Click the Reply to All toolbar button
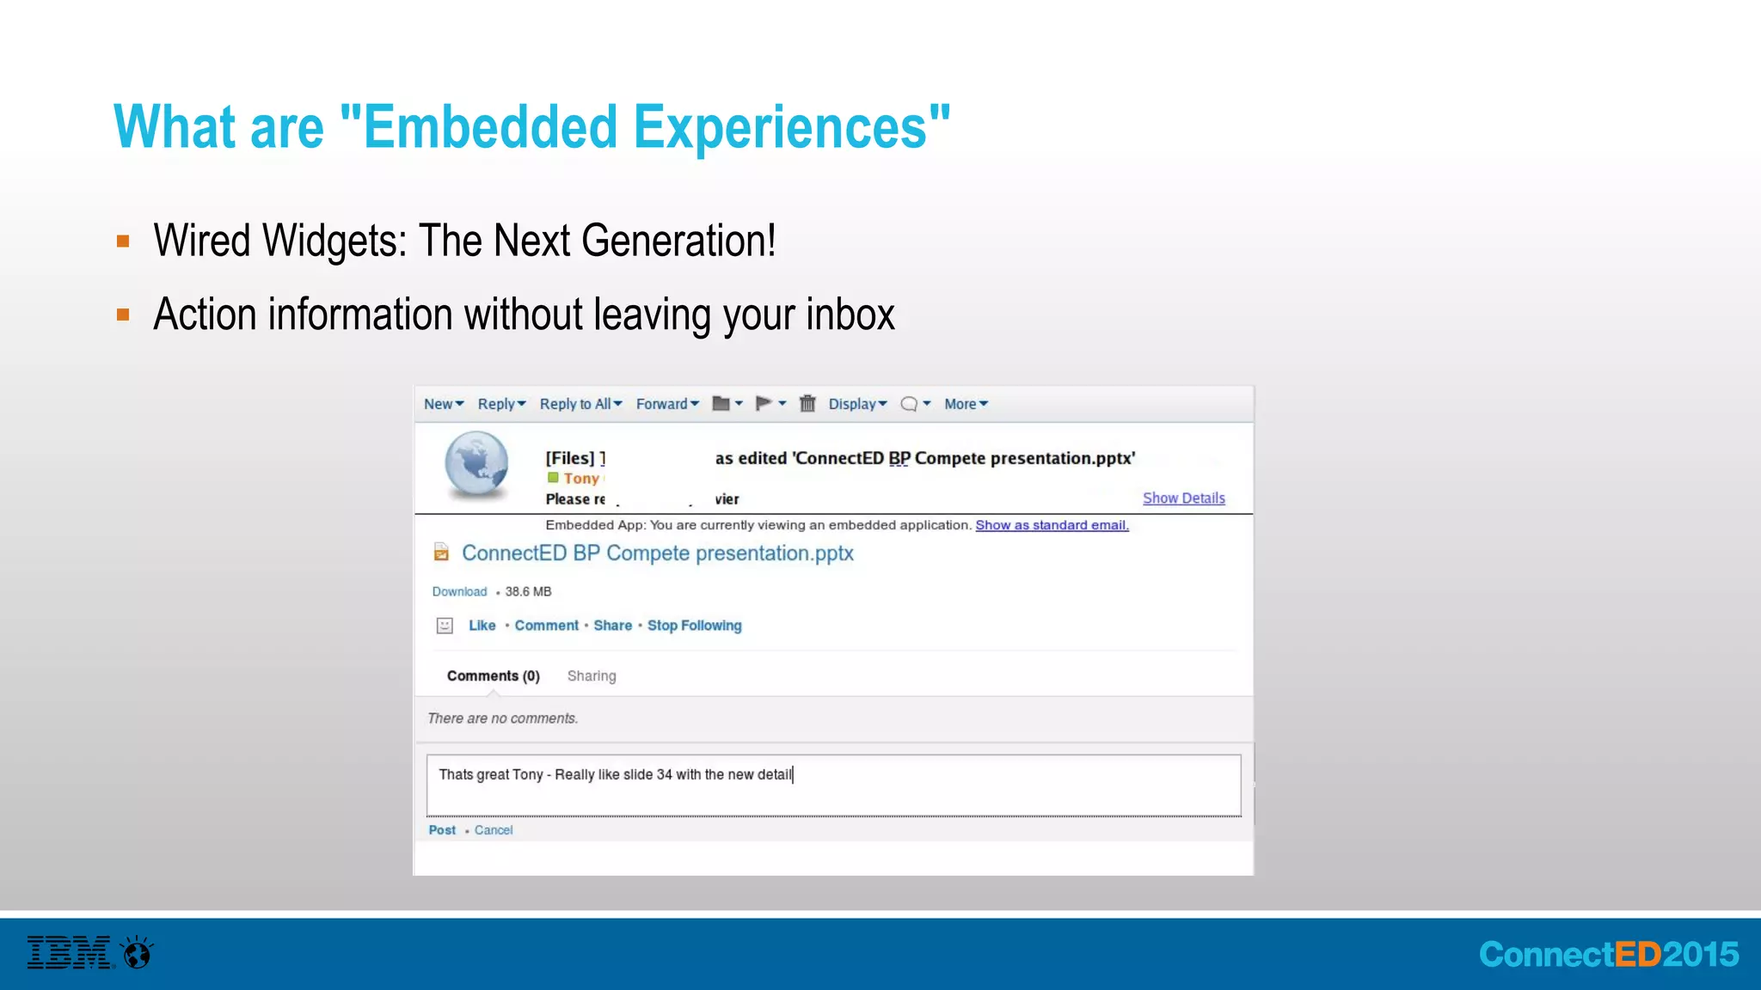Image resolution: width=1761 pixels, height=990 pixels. tap(580, 404)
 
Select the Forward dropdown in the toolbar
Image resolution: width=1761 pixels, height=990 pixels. tap(667, 404)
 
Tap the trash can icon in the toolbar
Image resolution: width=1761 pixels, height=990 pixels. tap(807, 403)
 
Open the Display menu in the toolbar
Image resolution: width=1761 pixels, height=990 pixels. tap(857, 404)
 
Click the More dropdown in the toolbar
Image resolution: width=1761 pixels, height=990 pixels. tap(966, 404)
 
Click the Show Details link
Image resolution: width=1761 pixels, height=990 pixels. tap(1183, 498)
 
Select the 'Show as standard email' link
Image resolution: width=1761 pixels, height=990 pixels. tap(1052, 525)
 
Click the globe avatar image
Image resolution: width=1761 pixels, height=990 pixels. tap(476, 465)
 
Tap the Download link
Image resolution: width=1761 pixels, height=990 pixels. tap(459, 592)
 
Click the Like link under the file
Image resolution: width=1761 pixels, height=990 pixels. tap(482, 626)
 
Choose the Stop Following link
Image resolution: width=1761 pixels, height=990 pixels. tap(694, 626)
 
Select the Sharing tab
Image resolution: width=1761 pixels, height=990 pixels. tap(592, 676)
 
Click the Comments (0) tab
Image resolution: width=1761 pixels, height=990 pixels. tap(493, 676)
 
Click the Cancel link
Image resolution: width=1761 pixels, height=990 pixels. tap(494, 830)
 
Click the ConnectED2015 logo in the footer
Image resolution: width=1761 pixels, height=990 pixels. tap(1608, 955)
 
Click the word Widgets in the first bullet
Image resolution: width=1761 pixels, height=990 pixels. tap(334, 241)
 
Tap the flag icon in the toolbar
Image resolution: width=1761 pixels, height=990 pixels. tap(764, 403)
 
